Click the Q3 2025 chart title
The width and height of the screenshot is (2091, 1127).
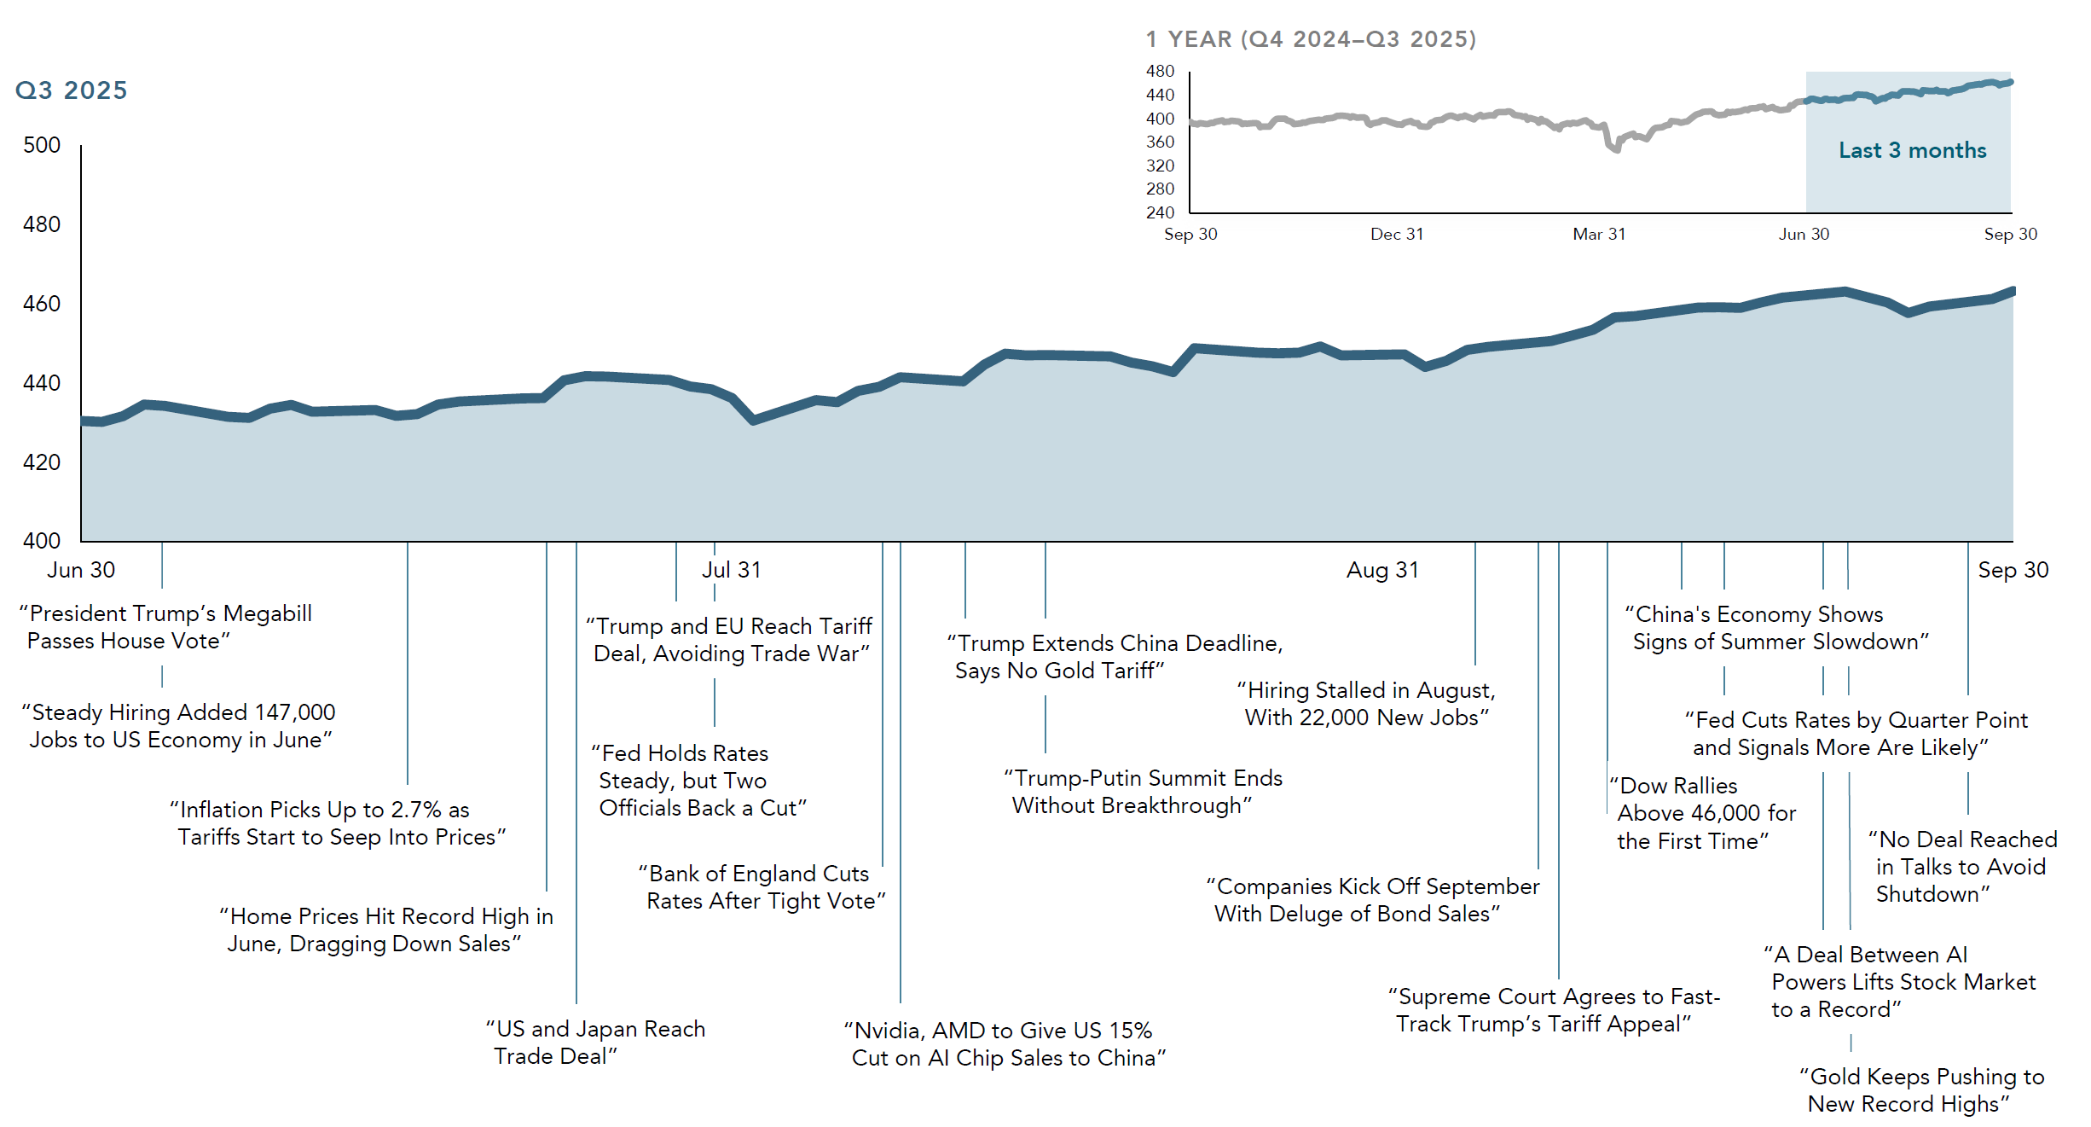[72, 90]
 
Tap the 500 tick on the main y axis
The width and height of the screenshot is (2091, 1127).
[42, 145]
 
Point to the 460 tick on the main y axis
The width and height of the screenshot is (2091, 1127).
[42, 304]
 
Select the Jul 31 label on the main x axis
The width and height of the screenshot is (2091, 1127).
[731, 570]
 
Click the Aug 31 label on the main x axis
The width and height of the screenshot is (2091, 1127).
[1382, 570]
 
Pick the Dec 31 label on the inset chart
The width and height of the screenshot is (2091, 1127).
[1397, 234]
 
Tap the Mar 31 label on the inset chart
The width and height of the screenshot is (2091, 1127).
[1599, 234]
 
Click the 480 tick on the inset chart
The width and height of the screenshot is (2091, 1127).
[1160, 71]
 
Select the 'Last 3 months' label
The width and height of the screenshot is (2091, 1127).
[1912, 150]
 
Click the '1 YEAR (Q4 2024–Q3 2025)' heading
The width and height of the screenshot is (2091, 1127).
[1311, 39]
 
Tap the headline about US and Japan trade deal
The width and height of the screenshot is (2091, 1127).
[596, 1043]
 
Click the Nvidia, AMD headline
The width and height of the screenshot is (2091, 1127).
[1005, 1044]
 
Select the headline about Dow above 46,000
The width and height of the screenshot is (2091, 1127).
[1702, 813]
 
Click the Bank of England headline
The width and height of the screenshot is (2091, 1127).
[762, 887]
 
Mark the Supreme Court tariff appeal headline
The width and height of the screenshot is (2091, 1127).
[1553, 1010]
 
